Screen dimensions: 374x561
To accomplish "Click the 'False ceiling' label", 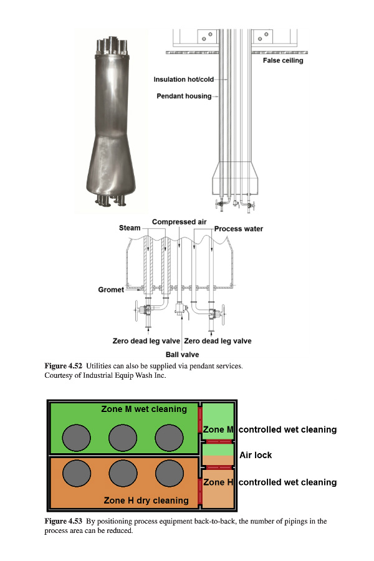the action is (283, 60).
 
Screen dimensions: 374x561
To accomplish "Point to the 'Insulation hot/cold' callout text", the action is (184, 79).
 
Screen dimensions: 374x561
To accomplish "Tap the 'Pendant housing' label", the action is (184, 96).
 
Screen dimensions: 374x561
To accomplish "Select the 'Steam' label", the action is (130, 228).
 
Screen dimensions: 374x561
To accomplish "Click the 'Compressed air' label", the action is (180, 222).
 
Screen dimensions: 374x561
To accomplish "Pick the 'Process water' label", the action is (239, 229).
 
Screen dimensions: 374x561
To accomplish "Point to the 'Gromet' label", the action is (111, 289).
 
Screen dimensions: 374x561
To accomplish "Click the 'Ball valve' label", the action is (182, 355).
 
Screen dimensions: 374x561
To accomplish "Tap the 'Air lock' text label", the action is (256, 455).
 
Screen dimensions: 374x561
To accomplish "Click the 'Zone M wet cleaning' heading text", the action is (144, 409).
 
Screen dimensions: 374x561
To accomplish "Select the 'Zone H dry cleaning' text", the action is (146, 500).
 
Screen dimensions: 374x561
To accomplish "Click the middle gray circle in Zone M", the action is (123, 438).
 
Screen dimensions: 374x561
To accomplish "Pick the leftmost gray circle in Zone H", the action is (77, 473).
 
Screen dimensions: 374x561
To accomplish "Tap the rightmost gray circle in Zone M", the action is (170, 438).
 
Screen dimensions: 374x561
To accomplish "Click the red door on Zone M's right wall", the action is (200, 420).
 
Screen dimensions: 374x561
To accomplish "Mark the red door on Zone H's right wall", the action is (200, 491).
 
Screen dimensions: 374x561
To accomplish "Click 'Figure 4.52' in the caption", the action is (64, 366).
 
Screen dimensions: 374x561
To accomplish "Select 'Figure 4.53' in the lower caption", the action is (64, 521).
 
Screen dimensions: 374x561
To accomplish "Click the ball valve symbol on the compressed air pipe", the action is (180, 309).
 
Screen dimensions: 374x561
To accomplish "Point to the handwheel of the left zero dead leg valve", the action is (137, 311).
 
